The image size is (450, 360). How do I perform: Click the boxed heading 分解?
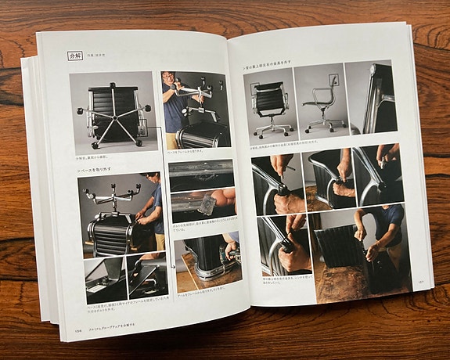coord(75,57)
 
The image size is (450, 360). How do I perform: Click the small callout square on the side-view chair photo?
coord(333,79)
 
